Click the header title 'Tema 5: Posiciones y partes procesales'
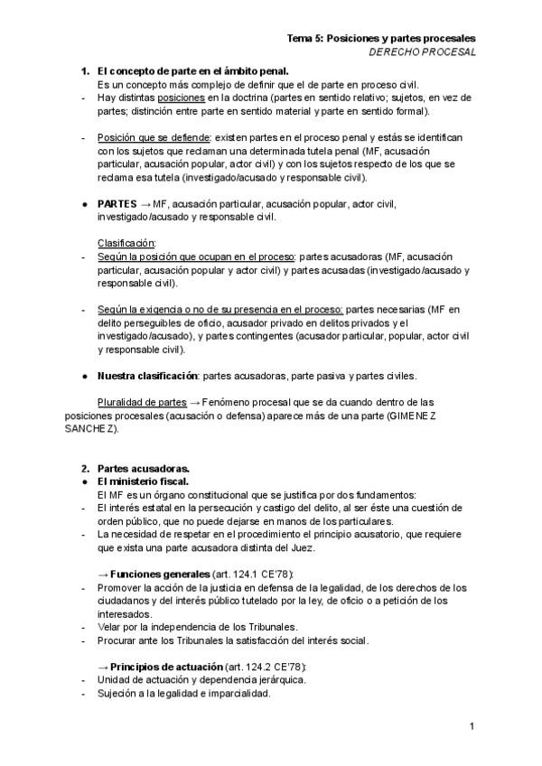[x=381, y=39]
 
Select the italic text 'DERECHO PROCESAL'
[x=423, y=52]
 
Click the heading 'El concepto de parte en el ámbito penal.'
[x=192, y=71]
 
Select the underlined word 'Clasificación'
[x=126, y=244]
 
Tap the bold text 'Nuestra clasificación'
[x=147, y=376]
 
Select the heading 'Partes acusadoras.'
[x=143, y=468]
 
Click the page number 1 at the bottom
[x=472, y=726]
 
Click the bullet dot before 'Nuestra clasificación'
[x=84, y=376]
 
